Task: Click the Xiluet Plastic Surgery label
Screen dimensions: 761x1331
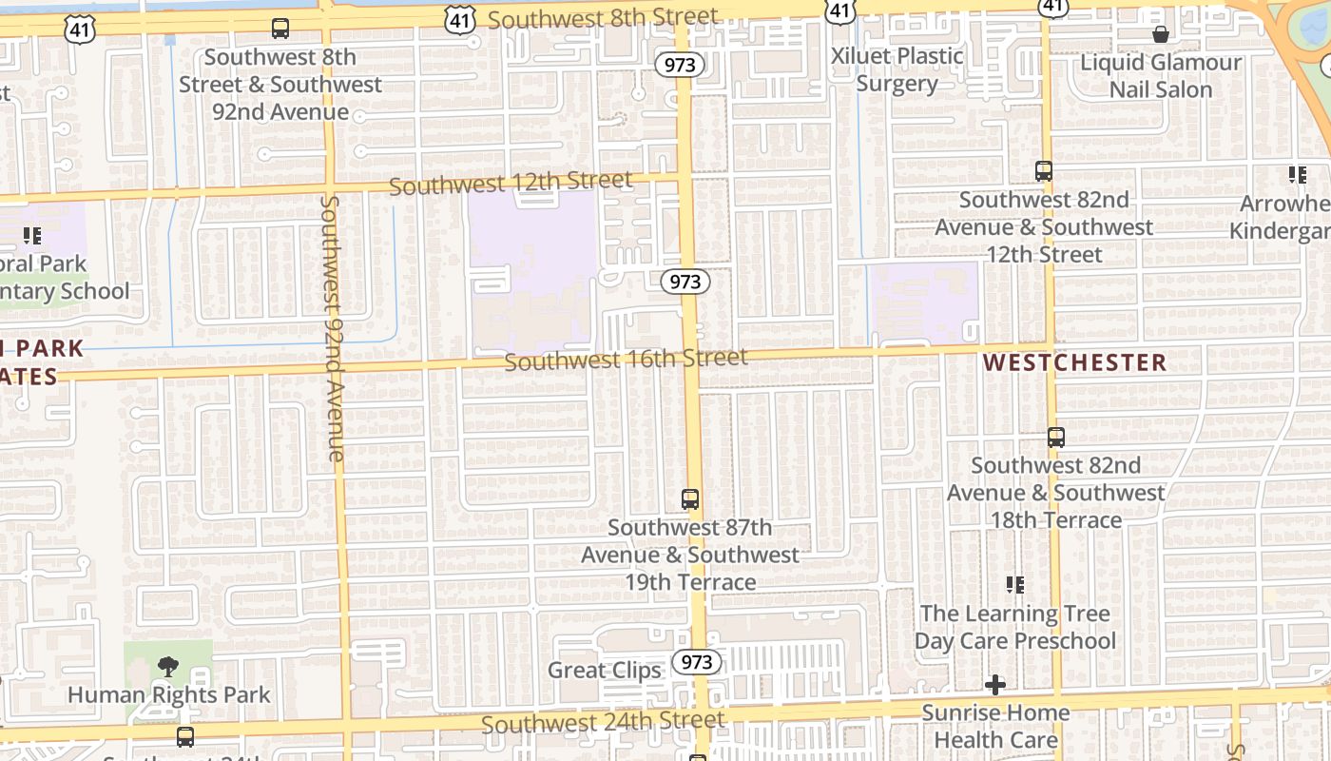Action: tap(897, 69)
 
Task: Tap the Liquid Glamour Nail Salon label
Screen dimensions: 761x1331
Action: tap(1161, 76)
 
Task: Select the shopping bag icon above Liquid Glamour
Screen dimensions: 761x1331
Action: tap(1161, 35)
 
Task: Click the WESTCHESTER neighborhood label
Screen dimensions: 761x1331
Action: tap(1074, 362)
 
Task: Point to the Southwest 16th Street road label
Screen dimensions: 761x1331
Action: tap(626, 360)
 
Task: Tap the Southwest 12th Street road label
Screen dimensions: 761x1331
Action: tap(511, 183)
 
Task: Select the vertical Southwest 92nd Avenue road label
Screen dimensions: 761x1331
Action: tap(333, 328)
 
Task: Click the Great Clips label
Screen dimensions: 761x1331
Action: tap(604, 670)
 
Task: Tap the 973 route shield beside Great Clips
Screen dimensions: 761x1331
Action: tap(697, 662)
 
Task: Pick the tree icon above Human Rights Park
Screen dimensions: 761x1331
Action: tap(168, 666)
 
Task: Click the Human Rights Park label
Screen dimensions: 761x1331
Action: tap(168, 695)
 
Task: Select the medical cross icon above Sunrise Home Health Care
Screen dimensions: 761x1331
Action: tap(995, 684)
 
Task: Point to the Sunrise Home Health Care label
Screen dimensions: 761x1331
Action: tap(995, 726)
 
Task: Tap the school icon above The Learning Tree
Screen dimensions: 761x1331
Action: tap(1014, 585)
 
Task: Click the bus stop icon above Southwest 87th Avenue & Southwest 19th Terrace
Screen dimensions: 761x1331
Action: tap(690, 498)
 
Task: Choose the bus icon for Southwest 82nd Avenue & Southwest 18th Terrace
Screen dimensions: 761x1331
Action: tap(1055, 438)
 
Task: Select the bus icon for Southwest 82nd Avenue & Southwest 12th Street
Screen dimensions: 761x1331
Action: tap(1044, 171)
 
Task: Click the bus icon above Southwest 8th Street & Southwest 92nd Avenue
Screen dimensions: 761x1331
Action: tap(280, 29)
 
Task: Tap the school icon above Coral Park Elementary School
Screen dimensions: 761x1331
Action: tap(32, 235)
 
